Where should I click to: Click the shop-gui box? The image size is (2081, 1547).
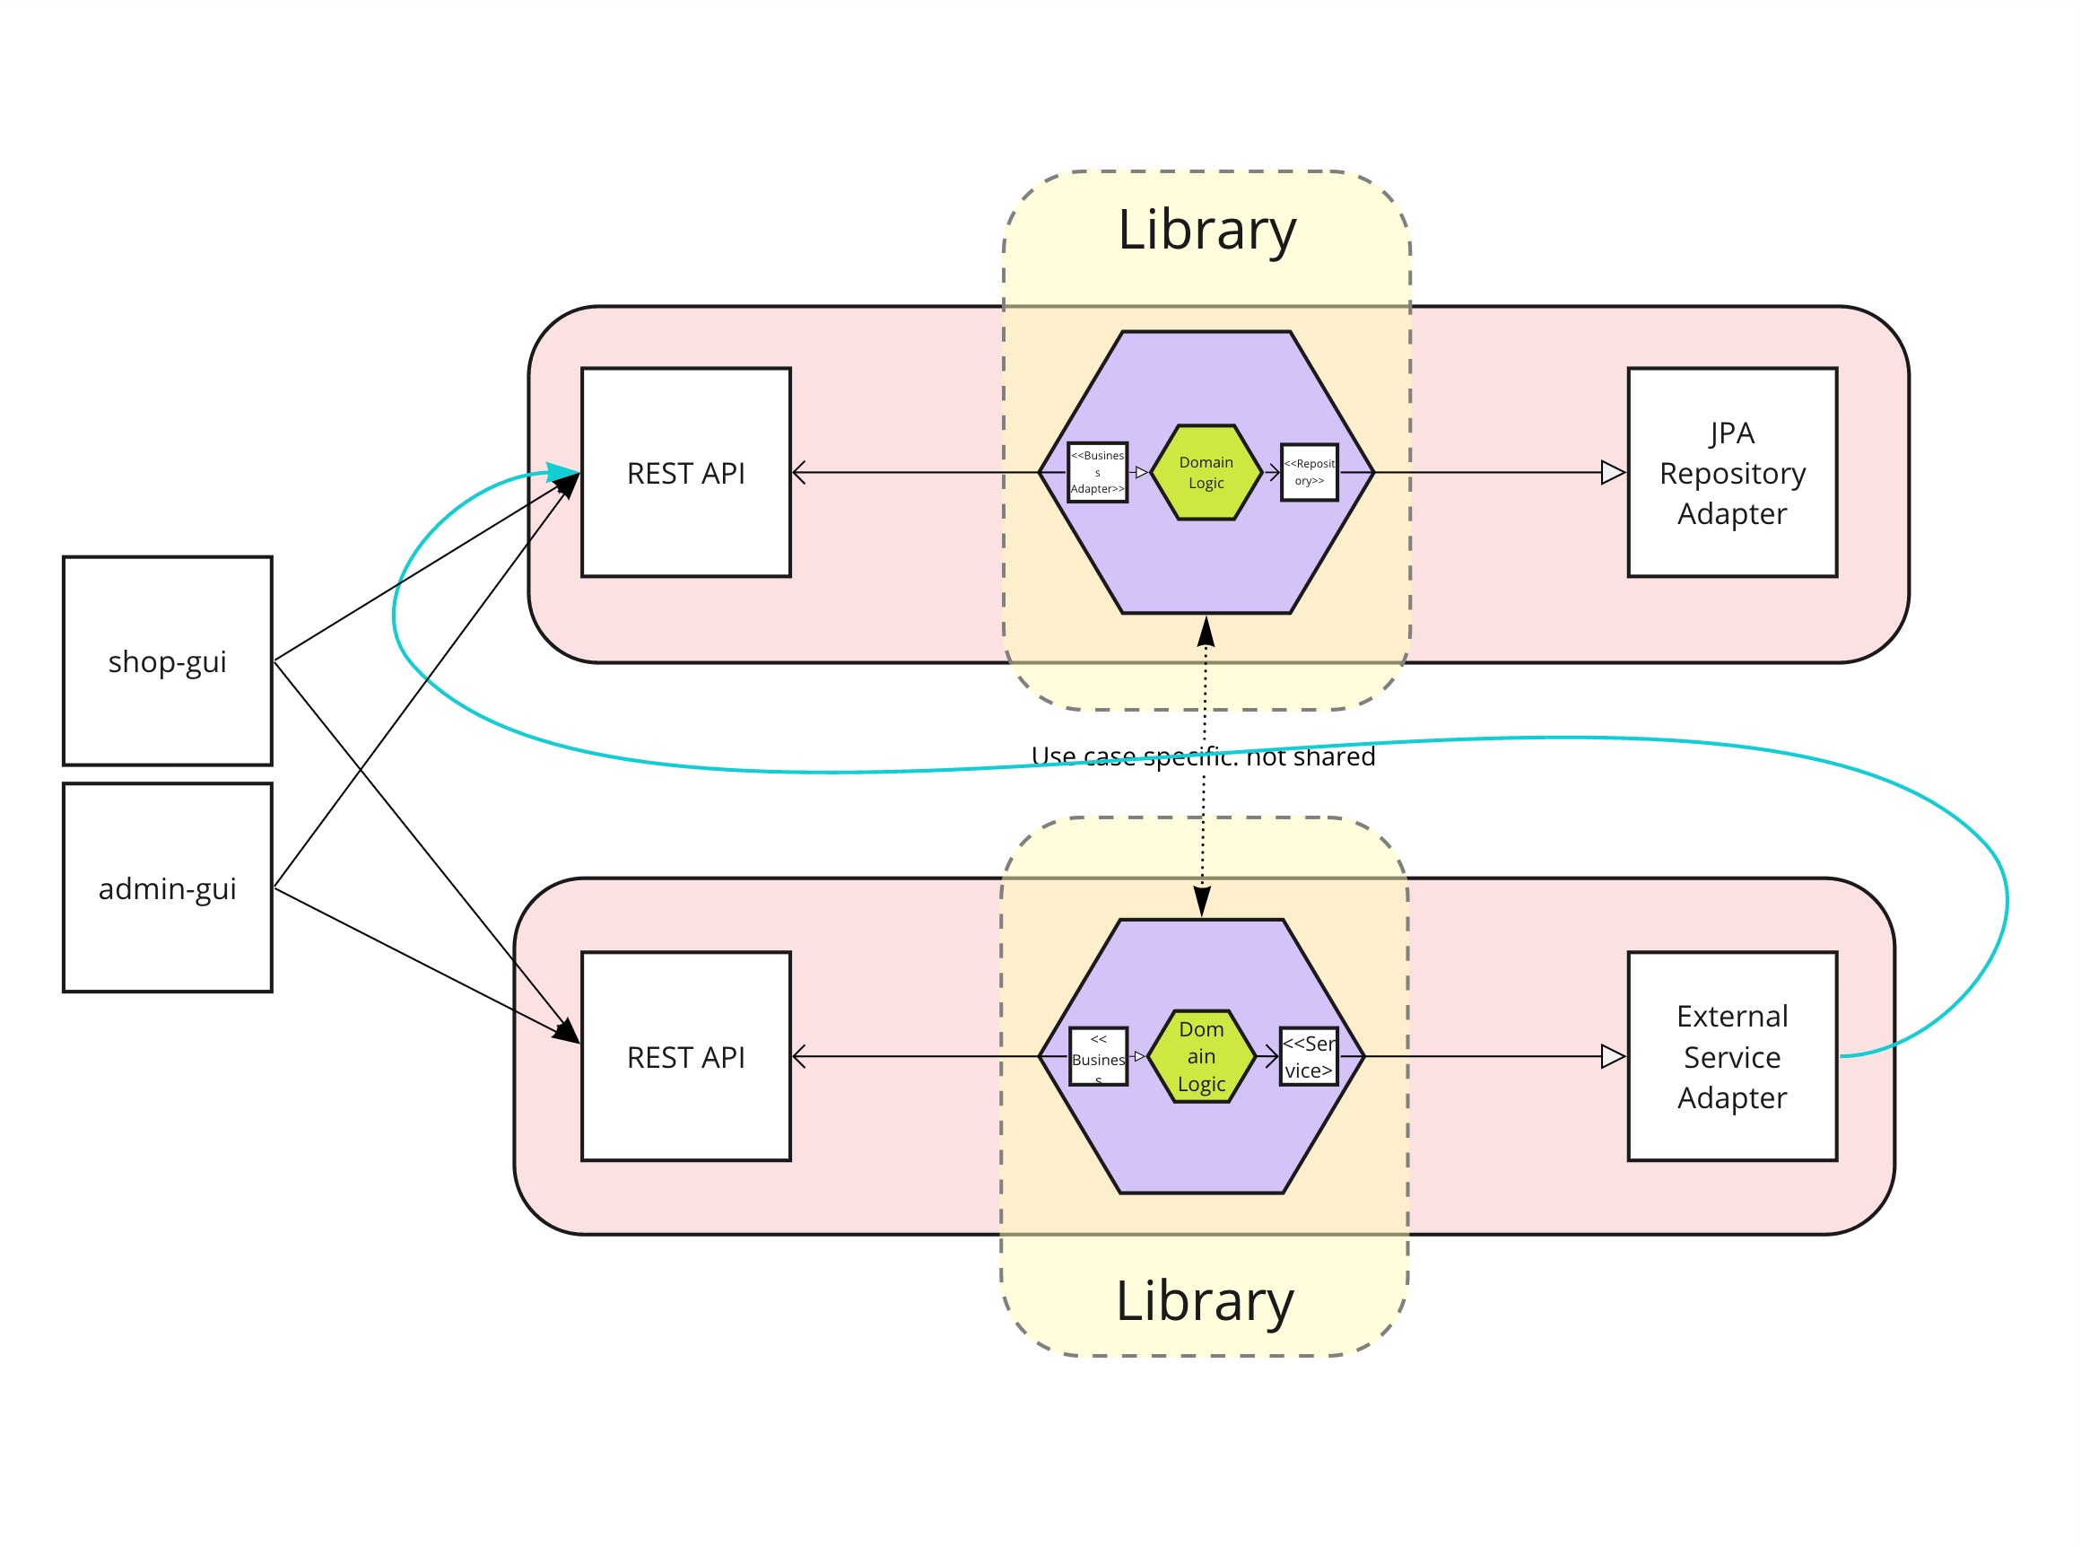pyautogui.click(x=168, y=661)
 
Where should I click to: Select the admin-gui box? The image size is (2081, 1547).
pyautogui.click(x=168, y=887)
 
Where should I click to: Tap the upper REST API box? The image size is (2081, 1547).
pyautogui.click(x=685, y=473)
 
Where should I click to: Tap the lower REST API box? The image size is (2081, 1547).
pyautogui.click(x=685, y=1057)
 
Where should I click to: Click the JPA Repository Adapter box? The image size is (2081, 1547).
pyautogui.click(x=1732, y=473)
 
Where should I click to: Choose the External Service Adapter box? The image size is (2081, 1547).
pyautogui.click(x=1732, y=1057)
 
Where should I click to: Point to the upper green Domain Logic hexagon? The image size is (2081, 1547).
pyautogui.click(x=1206, y=473)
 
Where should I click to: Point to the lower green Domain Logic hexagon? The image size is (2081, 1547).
pyautogui.click(x=1201, y=1057)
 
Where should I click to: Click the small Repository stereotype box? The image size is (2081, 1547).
pyautogui.click(x=1309, y=473)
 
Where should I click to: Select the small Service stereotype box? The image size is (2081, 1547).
pyautogui.click(x=1308, y=1057)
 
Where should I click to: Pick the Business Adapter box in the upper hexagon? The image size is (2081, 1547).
pyautogui.click(x=1097, y=473)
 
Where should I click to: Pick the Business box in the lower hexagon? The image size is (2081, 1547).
pyautogui.click(x=1098, y=1057)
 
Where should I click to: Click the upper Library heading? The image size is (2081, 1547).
pyautogui.click(x=1206, y=231)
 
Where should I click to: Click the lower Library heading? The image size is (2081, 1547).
pyautogui.click(x=1205, y=1302)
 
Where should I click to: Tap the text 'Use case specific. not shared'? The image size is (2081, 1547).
pyautogui.click(x=1203, y=756)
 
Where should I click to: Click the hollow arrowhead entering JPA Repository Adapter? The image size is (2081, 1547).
pyautogui.click(x=1613, y=473)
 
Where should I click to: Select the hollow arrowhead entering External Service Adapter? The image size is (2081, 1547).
pyautogui.click(x=1613, y=1057)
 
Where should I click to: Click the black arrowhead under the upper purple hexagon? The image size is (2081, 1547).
pyautogui.click(x=1206, y=633)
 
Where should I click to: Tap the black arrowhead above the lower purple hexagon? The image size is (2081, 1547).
pyautogui.click(x=1202, y=901)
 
